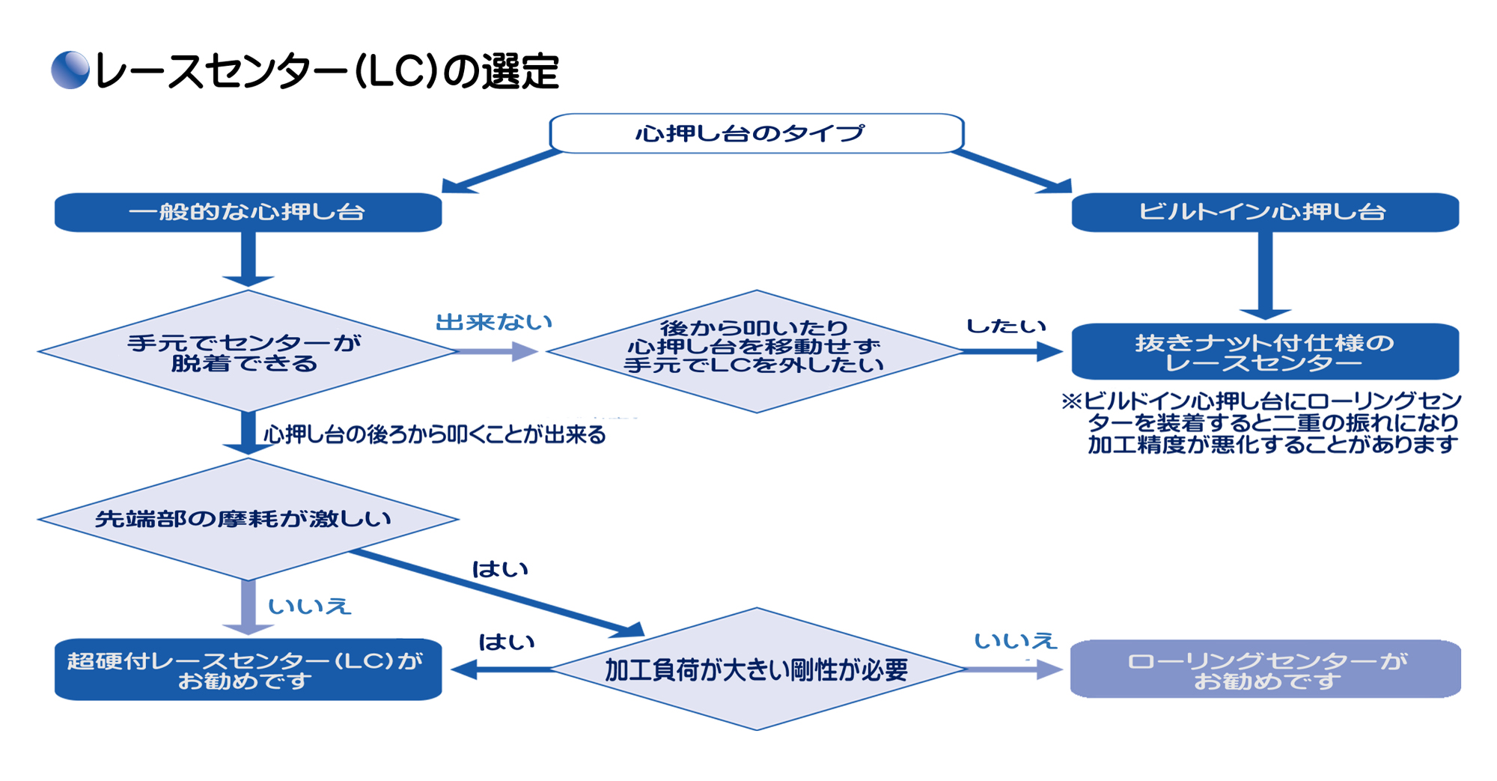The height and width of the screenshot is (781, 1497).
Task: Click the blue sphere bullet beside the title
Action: pyautogui.click(x=70, y=70)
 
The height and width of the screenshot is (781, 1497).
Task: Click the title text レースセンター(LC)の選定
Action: pyautogui.click(x=327, y=72)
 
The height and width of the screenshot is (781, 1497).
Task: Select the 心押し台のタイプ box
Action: pyautogui.click(x=756, y=133)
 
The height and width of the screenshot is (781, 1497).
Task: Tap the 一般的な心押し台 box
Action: pyautogui.click(x=248, y=212)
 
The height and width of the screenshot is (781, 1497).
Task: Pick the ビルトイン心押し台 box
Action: pyautogui.click(x=1264, y=212)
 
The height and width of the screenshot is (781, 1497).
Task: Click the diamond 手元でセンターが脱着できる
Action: pyautogui.click(x=246, y=352)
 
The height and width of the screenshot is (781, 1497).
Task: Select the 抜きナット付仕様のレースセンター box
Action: pyautogui.click(x=1264, y=351)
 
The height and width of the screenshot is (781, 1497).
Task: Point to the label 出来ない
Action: pyautogui.click(x=494, y=322)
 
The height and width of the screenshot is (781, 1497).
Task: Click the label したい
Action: pyautogui.click(x=1005, y=326)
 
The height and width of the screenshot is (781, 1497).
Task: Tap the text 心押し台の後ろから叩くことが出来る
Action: pyautogui.click(x=434, y=434)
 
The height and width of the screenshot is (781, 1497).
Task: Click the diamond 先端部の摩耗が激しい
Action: pyautogui.click(x=246, y=518)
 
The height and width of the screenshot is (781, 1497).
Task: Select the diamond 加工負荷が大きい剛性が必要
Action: pyautogui.click(x=756, y=669)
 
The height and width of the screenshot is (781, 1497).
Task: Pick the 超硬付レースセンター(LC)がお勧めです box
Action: pyautogui.click(x=248, y=669)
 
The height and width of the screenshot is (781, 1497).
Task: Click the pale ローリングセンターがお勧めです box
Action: pyautogui.click(x=1265, y=669)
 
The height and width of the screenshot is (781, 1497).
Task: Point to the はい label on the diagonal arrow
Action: pyautogui.click(x=500, y=569)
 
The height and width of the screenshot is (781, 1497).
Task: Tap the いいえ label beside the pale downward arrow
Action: pyautogui.click(x=309, y=606)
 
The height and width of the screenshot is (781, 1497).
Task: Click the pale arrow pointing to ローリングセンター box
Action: pyautogui.click(x=1014, y=669)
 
